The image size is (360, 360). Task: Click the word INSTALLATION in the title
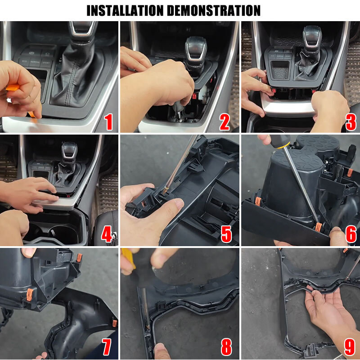125,10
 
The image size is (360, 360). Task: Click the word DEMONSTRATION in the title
213,10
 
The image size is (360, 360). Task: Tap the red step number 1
108,121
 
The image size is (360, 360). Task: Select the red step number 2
224,122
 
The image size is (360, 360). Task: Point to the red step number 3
351,122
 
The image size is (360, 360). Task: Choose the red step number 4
107,234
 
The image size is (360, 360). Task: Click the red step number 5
226,234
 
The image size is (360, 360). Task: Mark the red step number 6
351,234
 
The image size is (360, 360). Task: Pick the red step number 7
107,346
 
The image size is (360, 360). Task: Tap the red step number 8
226,346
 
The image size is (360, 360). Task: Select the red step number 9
350,346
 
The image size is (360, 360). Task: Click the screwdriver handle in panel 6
279,141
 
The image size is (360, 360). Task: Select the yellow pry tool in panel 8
128,258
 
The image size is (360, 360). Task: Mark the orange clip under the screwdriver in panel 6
318,227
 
